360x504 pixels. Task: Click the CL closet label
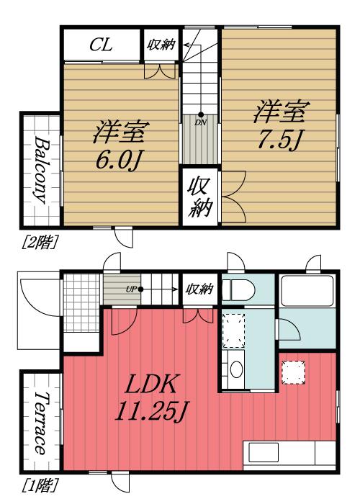point(100,45)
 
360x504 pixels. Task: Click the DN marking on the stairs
point(200,122)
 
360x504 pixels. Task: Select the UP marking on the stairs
point(131,289)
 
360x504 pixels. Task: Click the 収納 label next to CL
point(160,45)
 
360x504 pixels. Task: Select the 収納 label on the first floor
point(199,289)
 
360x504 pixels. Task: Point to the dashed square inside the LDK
point(292,372)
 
